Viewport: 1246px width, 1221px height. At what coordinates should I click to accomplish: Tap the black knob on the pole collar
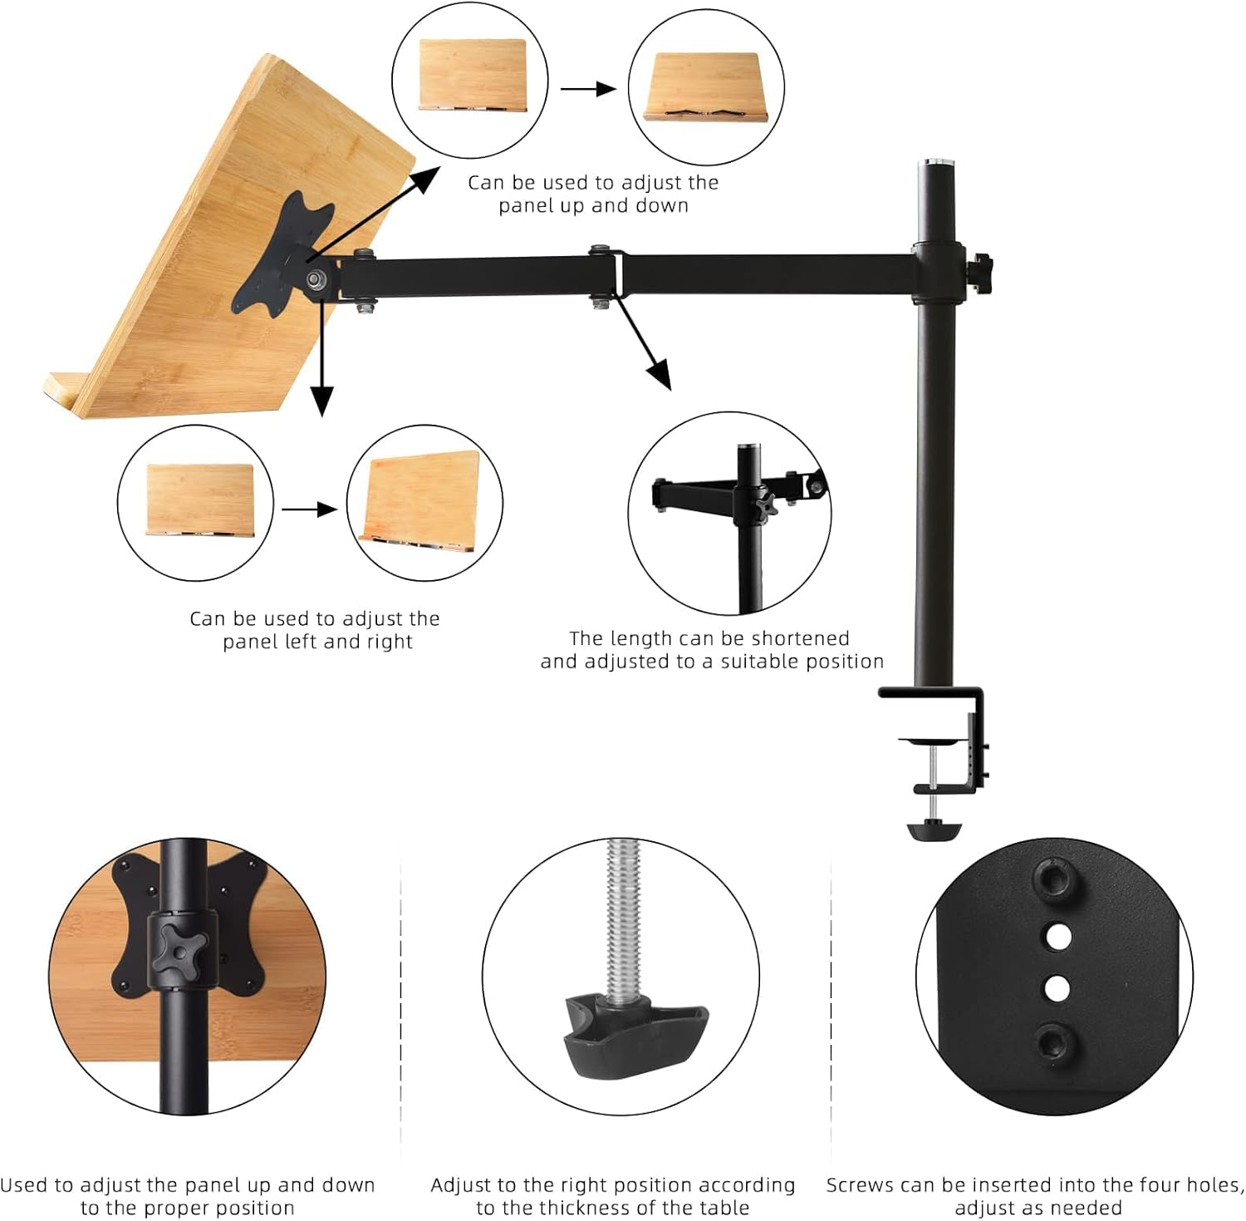984,268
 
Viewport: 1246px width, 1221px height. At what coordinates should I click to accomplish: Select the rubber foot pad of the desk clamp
934,830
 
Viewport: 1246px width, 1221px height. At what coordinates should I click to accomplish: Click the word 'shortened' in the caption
803,638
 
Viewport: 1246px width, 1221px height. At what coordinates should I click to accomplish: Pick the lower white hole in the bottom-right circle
1057,988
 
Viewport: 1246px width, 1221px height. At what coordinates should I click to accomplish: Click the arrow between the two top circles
588,88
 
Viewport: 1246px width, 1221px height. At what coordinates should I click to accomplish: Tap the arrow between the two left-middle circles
309,510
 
